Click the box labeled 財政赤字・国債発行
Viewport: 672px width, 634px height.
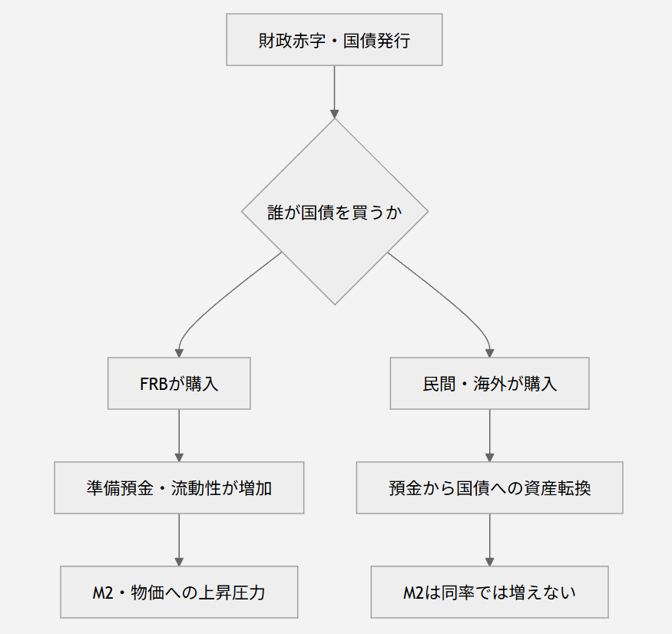tap(334, 40)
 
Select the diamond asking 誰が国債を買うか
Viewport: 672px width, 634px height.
tap(335, 212)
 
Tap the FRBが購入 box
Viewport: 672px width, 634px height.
tap(179, 384)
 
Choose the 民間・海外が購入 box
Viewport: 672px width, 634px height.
tap(489, 384)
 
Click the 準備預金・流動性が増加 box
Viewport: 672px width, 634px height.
tap(179, 487)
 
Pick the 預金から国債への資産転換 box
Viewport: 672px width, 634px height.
tap(489, 487)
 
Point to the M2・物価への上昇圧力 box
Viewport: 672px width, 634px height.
tap(179, 592)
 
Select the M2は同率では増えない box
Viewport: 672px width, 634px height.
tap(489, 592)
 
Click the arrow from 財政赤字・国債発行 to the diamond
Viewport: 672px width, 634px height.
tap(334, 92)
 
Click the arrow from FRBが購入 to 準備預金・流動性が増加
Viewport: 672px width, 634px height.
tap(179, 436)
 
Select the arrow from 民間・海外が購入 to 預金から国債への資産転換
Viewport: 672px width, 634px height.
tap(489, 436)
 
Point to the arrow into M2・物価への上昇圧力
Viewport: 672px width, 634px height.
tap(179, 540)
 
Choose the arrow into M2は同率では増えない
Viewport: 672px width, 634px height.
tap(489, 540)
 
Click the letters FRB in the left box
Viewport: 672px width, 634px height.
tap(154, 384)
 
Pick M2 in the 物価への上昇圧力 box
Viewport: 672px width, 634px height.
tap(103, 593)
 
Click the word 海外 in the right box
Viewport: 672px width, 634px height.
tap(490, 384)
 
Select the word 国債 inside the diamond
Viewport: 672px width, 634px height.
tap(318, 213)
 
